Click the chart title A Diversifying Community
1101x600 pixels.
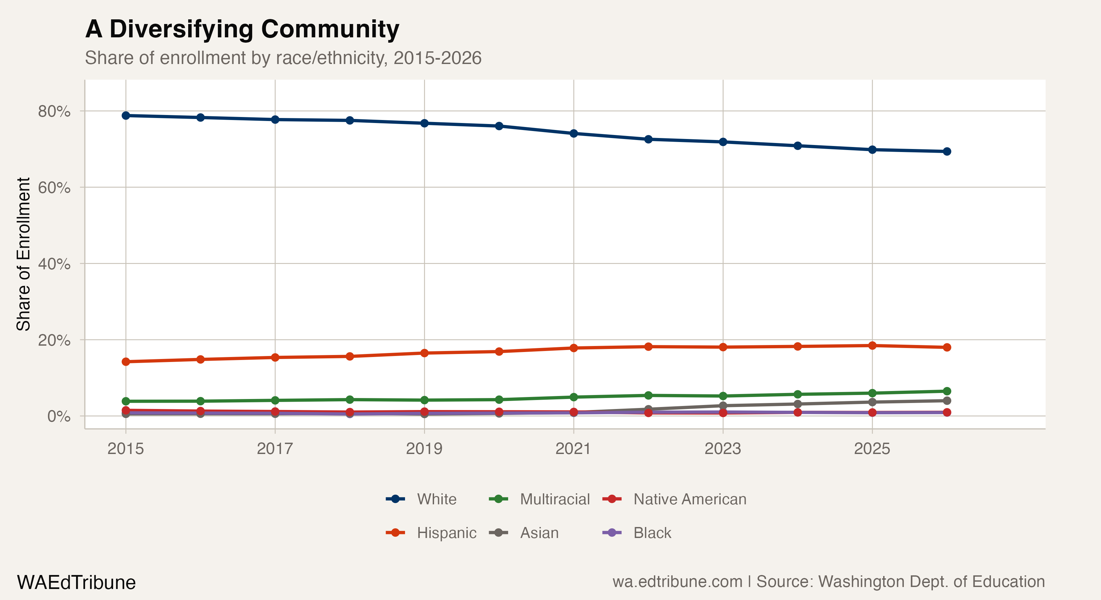pos(242,29)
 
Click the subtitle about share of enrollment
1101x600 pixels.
pos(283,58)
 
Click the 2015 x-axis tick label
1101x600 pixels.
pos(126,448)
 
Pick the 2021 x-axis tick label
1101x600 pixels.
pos(573,448)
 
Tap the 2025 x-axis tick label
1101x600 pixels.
pos(872,448)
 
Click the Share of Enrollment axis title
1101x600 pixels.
pos(23,254)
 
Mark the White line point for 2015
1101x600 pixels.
pos(126,116)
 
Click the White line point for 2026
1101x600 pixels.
pos(947,152)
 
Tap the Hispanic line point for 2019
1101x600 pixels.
pos(424,353)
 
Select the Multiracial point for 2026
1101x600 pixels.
pos(947,391)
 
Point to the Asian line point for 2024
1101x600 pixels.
pos(797,404)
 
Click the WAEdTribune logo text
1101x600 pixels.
pos(76,582)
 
